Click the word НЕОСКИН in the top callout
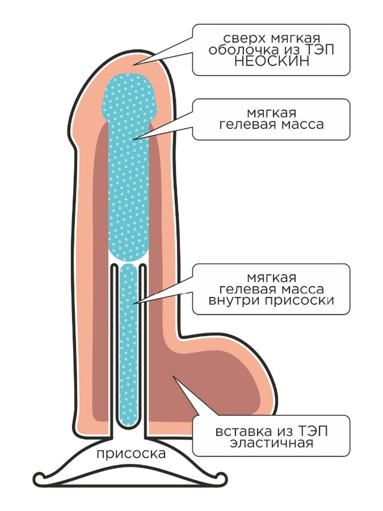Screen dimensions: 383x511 tap(271, 61)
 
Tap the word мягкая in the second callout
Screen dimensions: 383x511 tap(271, 113)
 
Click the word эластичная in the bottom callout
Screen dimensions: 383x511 tap(271, 443)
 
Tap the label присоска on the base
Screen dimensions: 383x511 tap(131, 453)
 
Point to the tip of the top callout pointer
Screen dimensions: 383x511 tap(132, 64)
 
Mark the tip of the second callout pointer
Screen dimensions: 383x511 tap(133, 140)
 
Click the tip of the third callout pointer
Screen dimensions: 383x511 tap(133, 304)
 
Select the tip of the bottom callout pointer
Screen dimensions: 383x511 tap(173, 376)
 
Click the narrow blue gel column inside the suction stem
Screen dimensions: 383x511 tap(129, 346)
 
